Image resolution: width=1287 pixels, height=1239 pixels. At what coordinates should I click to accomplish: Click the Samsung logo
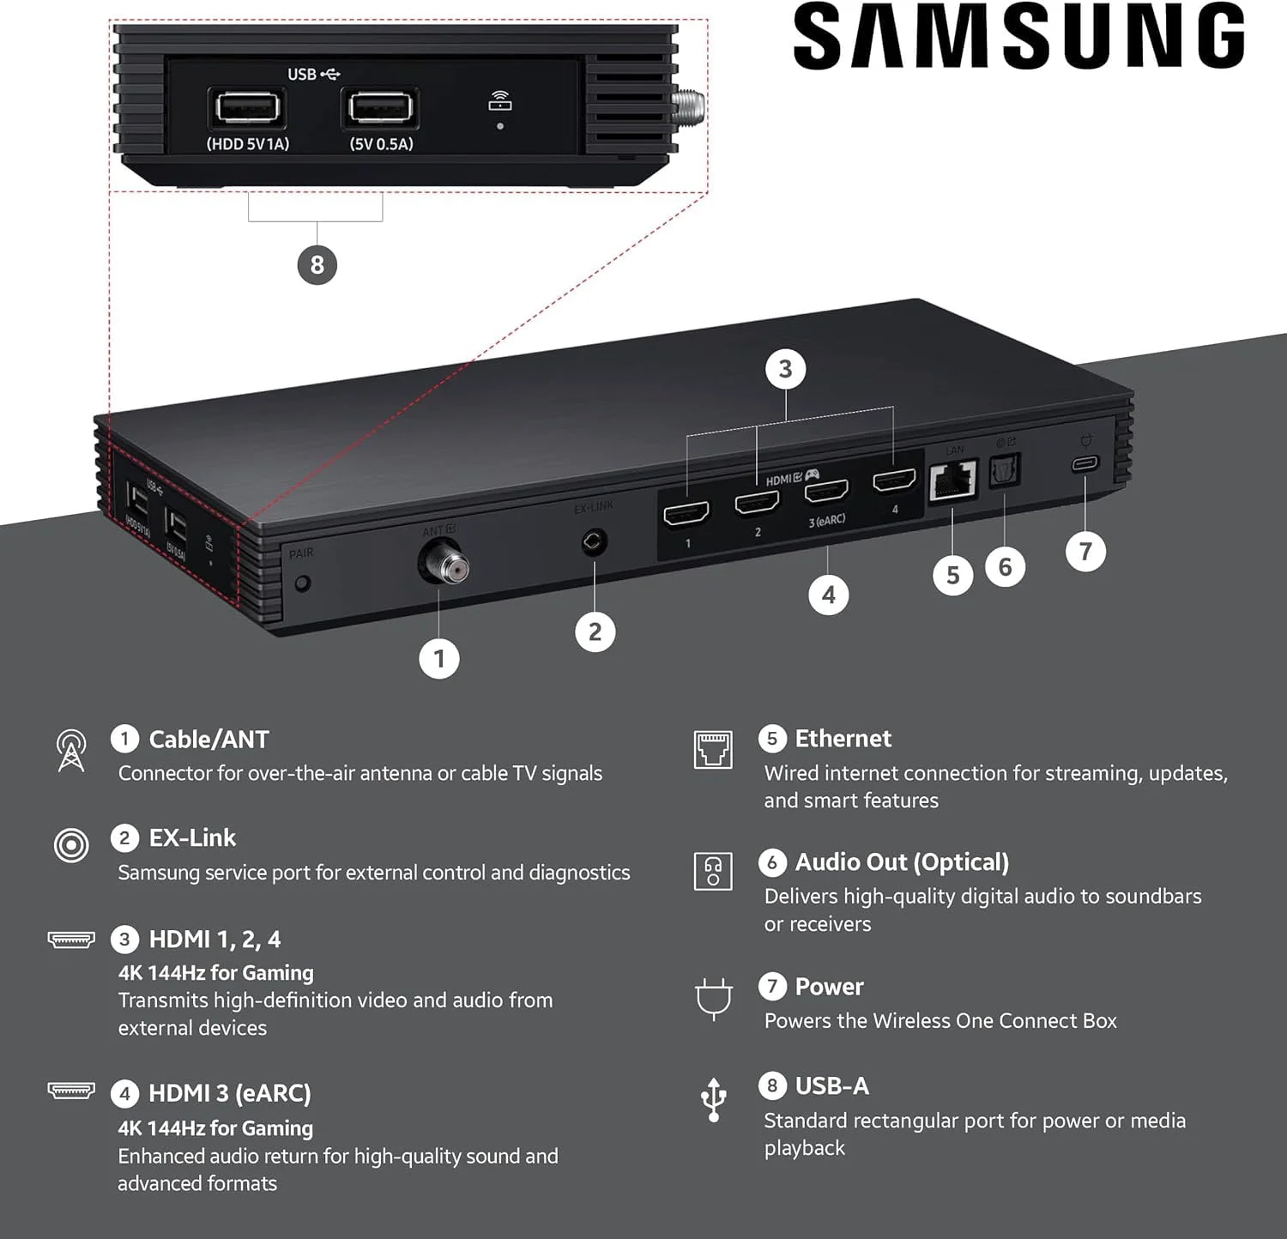coord(1018,36)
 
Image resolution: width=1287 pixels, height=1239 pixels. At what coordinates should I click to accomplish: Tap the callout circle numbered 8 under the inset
coord(317,264)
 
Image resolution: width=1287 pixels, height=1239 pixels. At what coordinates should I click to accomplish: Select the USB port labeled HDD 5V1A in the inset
coord(248,108)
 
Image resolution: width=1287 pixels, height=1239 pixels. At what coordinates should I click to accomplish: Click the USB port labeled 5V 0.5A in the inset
coord(381,108)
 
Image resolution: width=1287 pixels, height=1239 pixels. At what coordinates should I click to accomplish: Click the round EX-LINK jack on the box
coord(594,541)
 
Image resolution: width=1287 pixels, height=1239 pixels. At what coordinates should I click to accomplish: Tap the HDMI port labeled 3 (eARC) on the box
coord(826,491)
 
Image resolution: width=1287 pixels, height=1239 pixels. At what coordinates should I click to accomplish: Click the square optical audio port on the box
coord(1004,469)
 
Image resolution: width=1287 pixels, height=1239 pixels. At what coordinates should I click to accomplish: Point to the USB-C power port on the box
coord(1085,463)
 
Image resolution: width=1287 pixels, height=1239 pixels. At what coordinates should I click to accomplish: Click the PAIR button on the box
coord(302,583)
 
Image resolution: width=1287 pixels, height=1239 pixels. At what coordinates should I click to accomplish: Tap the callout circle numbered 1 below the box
coord(439,659)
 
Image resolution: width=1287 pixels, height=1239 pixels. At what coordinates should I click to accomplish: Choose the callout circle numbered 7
coord(1085,551)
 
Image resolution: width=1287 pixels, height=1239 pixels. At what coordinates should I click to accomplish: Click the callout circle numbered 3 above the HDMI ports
coord(785,369)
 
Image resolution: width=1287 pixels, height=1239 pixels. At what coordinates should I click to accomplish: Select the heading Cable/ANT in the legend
coord(208,740)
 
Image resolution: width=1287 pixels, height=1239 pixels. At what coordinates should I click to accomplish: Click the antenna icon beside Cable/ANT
coord(71,751)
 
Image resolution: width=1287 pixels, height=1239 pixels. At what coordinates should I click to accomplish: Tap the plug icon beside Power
coord(713,999)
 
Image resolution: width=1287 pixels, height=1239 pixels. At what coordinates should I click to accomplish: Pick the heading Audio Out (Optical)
coord(902,862)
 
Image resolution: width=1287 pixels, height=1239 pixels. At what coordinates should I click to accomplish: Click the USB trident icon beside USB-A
coord(713,1100)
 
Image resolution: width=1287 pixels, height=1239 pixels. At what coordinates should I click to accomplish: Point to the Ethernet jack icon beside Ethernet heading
coord(713,750)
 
